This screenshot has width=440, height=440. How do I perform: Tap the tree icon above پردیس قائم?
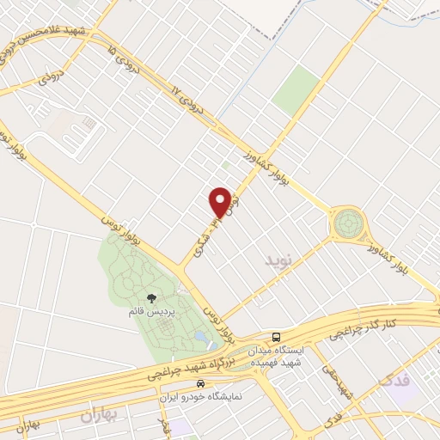[152, 298]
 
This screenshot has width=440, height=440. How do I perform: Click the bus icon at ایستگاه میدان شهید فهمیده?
[276, 337]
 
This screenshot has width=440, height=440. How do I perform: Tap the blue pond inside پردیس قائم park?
[199, 335]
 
